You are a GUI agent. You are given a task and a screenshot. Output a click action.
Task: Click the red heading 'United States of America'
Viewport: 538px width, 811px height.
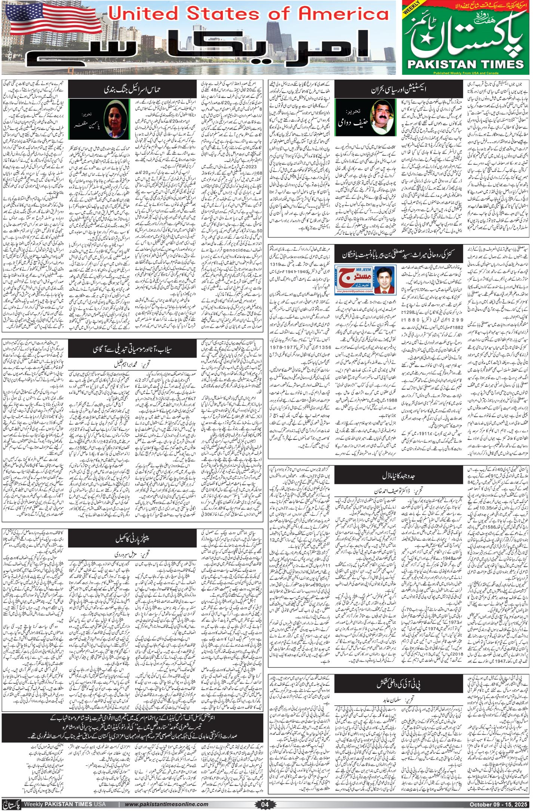point(248,14)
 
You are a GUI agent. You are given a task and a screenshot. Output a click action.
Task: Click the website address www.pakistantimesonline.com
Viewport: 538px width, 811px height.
point(166,801)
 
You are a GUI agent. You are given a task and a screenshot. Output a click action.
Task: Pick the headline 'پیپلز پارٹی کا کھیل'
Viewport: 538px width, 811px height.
point(133,538)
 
